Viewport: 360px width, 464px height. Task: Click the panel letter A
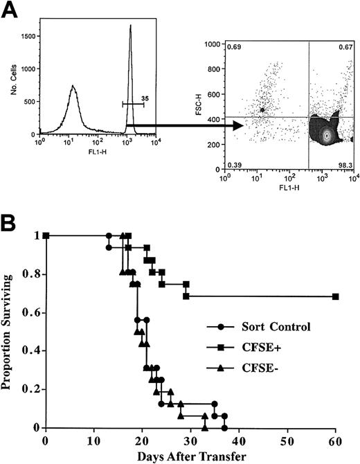[x=9, y=10]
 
